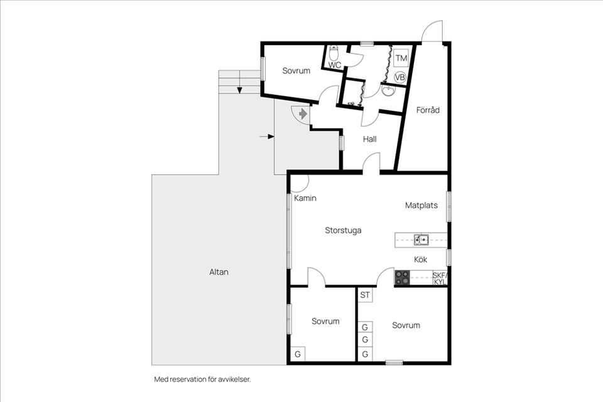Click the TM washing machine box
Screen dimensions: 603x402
click(401, 58)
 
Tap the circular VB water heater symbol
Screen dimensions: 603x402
click(400, 77)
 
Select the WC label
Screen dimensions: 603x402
click(334, 65)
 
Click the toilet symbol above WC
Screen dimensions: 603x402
click(334, 53)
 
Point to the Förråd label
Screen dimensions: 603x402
click(428, 110)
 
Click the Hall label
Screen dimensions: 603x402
click(369, 139)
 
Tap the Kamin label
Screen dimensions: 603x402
click(305, 198)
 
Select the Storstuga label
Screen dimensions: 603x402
click(343, 231)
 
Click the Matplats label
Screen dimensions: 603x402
click(421, 205)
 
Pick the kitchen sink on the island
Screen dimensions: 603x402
click(421, 240)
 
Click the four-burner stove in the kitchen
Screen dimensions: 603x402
click(403, 277)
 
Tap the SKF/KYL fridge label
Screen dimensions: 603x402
click(440, 279)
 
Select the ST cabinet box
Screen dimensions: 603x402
click(365, 295)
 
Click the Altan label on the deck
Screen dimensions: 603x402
click(219, 272)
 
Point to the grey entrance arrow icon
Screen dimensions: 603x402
click(303, 114)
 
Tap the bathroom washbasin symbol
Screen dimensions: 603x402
click(388, 90)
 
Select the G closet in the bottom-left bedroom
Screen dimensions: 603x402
click(298, 354)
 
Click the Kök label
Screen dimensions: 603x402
click(421, 260)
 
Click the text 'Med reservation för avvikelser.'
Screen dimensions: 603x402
click(202, 379)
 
